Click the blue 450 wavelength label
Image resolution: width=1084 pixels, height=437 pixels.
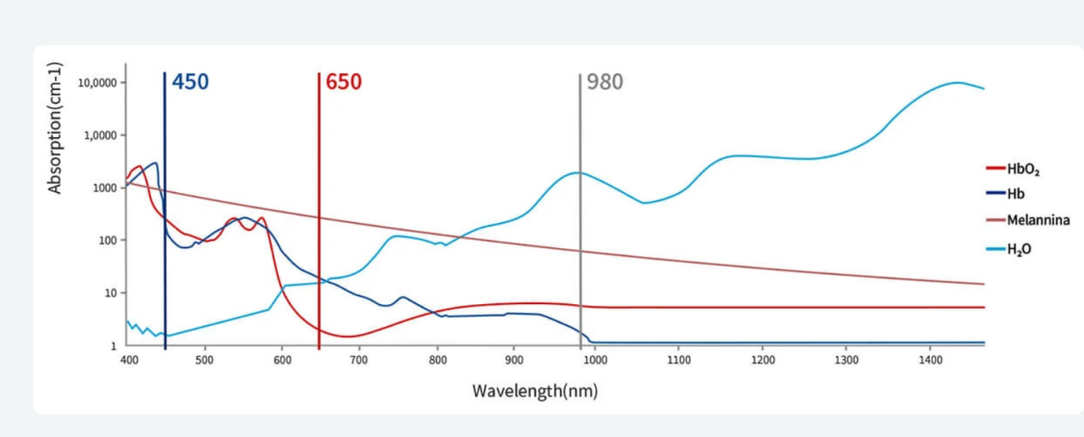191,82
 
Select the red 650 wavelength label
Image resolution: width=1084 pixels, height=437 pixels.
344,82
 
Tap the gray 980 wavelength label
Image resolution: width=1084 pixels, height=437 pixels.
605,82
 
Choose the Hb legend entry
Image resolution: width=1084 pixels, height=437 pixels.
1015,194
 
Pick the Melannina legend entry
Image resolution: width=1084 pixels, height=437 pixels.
1037,220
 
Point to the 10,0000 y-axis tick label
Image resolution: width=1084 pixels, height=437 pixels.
97,83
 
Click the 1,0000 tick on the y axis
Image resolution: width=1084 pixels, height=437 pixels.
100,136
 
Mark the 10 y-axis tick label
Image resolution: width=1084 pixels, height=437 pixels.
109,293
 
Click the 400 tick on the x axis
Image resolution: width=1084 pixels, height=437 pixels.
127,359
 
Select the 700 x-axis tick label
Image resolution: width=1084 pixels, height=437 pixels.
360,359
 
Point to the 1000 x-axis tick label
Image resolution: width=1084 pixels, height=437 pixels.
595,359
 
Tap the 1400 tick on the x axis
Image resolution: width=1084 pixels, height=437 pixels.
930,359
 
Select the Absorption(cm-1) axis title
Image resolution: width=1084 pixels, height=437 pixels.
56,128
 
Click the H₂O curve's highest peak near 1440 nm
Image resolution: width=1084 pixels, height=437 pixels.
957,82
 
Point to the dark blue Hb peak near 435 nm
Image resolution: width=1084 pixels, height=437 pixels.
155,163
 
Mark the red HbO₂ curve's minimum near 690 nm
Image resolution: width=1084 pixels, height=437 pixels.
348,336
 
